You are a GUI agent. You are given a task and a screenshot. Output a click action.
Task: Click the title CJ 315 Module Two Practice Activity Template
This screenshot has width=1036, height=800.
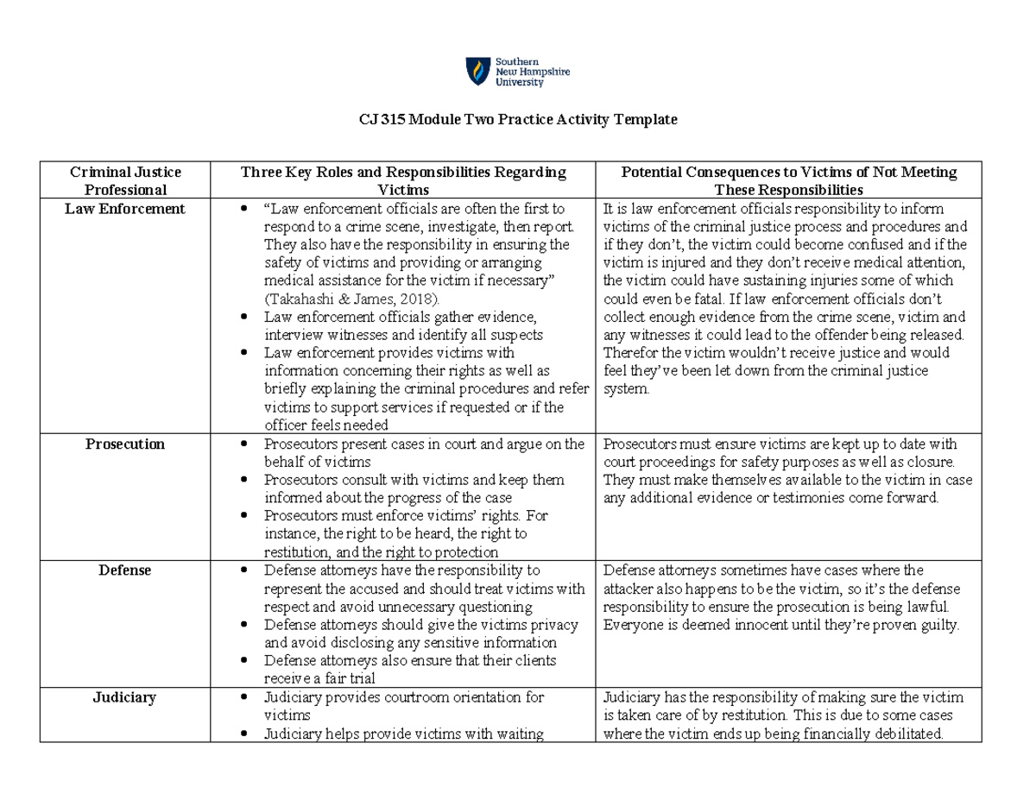(518, 120)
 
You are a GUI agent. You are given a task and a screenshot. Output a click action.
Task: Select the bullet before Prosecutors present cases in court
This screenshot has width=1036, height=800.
(246, 444)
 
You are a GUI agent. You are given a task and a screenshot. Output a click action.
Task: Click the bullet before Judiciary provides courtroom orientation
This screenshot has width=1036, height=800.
(246, 698)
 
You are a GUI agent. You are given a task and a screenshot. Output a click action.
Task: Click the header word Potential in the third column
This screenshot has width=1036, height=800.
(652, 172)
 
